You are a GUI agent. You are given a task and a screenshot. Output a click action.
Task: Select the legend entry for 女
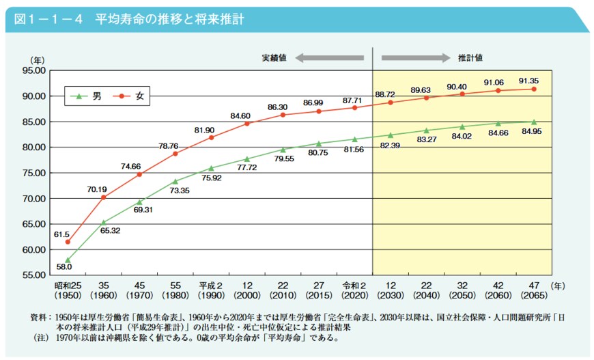coord(139,96)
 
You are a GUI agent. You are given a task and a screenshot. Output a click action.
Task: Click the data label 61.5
coord(62,234)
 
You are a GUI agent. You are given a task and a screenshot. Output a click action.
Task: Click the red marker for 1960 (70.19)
coord(104,197)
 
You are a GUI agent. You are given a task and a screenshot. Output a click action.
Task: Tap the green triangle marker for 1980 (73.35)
coord(175,182)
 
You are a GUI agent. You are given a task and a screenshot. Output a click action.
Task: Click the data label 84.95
coord(532,130)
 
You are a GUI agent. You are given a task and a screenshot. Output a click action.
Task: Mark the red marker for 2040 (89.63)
coord(426,98)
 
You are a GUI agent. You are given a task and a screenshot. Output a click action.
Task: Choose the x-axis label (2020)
coord(354,296)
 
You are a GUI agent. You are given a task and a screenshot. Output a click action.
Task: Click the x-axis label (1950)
coord(68,296)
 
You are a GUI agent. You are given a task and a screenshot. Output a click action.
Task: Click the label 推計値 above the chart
coord(470,58)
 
